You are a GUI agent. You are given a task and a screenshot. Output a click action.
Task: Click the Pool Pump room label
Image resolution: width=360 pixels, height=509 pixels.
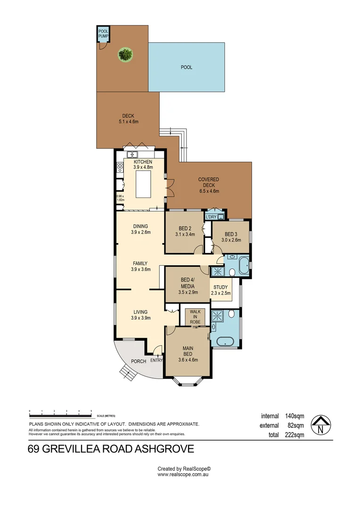click(103, 33)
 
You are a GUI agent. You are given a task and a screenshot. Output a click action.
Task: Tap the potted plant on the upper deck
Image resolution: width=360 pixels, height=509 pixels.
click(125, 54)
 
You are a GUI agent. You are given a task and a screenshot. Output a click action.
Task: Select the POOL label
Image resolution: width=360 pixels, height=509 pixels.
click(187, 67)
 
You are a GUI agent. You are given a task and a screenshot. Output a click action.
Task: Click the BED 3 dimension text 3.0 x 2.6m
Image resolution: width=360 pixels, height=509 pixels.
click(231, 240)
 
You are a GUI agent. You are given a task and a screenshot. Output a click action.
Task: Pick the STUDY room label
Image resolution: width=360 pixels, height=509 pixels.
click(221, 287)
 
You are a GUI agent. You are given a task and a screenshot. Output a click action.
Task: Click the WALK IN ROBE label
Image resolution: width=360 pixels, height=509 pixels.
click(195, 317)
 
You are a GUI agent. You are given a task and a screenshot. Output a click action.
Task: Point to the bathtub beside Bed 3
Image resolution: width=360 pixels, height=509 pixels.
click(243, 266)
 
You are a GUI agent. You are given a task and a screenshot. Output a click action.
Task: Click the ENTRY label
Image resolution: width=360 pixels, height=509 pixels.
click(156, 361)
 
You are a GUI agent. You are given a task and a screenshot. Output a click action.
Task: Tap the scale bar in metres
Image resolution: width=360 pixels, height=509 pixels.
click(60, 415)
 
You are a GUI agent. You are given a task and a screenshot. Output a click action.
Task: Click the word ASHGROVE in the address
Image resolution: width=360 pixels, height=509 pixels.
click(164, 449)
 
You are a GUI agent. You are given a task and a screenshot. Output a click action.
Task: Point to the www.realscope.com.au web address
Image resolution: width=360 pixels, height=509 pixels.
click(183, 475)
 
